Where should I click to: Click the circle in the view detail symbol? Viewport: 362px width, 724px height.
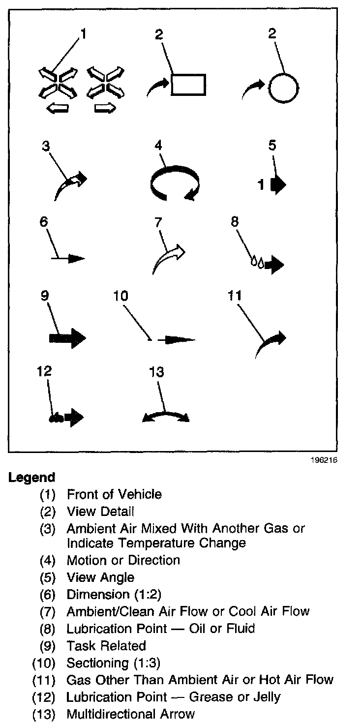[x=283, y=89]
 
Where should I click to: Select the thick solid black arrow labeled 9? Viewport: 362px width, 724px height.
[x=67, y=338]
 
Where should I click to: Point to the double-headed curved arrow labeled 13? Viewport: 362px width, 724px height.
[x=165, y=416]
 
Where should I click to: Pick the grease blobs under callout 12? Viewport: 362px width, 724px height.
[x=55, y=418]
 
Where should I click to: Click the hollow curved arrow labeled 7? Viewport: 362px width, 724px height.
[x=169, y=258]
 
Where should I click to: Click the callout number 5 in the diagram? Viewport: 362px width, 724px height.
[x=272, y=146]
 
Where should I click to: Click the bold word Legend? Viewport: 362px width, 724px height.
[x=31, y=477]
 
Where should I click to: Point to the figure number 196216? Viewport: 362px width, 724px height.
[x=325, y=461]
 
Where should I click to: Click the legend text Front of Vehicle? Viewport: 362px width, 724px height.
[x=114, y=494]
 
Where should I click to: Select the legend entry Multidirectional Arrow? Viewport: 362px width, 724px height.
[x=131, y=714]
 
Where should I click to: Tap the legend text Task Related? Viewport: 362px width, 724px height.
[x=106, y=645]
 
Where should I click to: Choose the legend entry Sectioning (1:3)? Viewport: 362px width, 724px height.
[x=114, y=663]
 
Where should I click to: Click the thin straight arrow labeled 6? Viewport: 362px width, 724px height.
[x=68, y=257]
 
